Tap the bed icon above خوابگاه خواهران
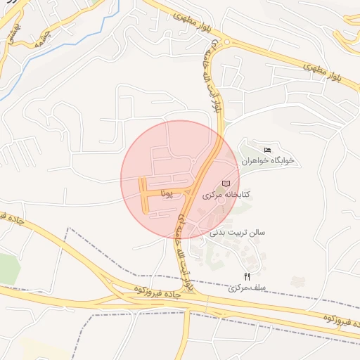[x=266, y=150]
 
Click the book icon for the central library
[x=226, y=184]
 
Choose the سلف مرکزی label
[x=243, y=288]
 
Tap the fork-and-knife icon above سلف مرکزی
[x=246, y=277]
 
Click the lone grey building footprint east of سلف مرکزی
[x=298, y=282]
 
